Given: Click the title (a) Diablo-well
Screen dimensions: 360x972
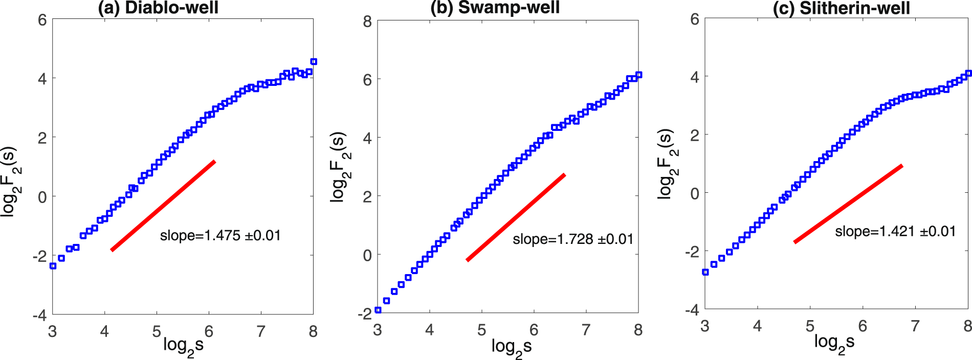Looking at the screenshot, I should coord(158,8).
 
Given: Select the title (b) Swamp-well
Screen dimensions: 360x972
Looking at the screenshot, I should coord(495,8).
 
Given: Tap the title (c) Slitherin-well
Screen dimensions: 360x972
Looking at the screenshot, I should coord(841,8).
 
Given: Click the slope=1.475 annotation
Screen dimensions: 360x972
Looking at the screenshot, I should coord(220,236).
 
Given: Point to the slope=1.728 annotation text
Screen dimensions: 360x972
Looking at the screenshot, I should coord(573,239).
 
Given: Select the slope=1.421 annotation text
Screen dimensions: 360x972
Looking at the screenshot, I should coord(895,232).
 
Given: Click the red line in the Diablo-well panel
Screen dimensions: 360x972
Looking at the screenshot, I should coord(163,206).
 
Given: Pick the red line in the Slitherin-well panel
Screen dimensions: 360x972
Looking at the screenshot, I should coord(848,204).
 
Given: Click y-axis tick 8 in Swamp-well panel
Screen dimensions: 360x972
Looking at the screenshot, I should coord(367,21).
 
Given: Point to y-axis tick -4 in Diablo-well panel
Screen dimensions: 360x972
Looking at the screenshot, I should coord(39,315).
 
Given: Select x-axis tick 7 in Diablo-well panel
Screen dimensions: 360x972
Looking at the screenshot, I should coord(261,332).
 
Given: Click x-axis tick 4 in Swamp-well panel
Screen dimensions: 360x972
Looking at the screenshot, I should coord(430,330).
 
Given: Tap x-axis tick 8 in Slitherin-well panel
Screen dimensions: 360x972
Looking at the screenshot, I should coord(967,326).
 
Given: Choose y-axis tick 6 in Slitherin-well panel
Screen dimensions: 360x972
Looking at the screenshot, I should coord(694,19).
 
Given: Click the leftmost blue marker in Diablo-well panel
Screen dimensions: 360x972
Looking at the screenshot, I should coord(53,266).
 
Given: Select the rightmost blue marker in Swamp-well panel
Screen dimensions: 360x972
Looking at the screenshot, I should coord(638,75).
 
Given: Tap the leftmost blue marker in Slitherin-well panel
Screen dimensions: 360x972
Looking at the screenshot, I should coord(705,272).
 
